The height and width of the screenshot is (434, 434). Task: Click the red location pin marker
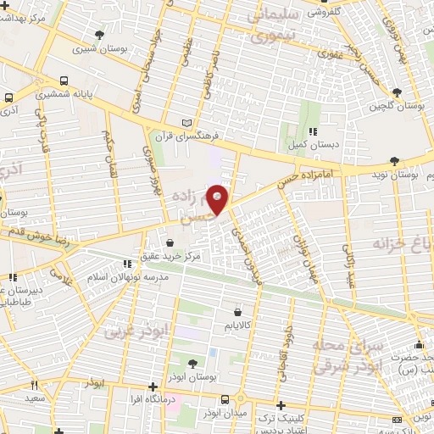point(218,199)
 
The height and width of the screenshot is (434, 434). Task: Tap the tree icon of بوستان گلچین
point(396,92)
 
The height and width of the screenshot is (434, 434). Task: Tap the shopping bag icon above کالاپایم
point(248,311)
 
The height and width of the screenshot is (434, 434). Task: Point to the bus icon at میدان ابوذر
point(225,399)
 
